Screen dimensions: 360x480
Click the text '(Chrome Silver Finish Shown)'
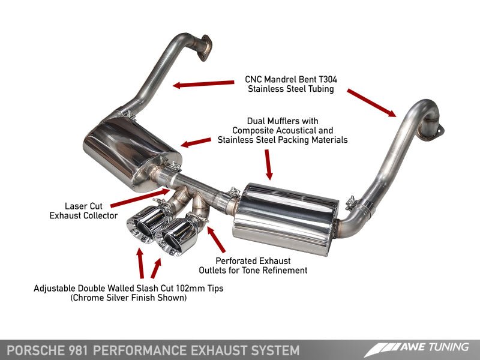pyautogui.click(x=128, y=298)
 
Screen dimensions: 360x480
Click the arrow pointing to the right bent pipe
pyautogui.click(x=371, y=102)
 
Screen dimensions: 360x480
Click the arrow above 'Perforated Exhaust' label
pyautogui.click(x=217, y=241)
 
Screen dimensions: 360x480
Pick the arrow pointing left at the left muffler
pyautogui.click(x=196, y=143)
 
